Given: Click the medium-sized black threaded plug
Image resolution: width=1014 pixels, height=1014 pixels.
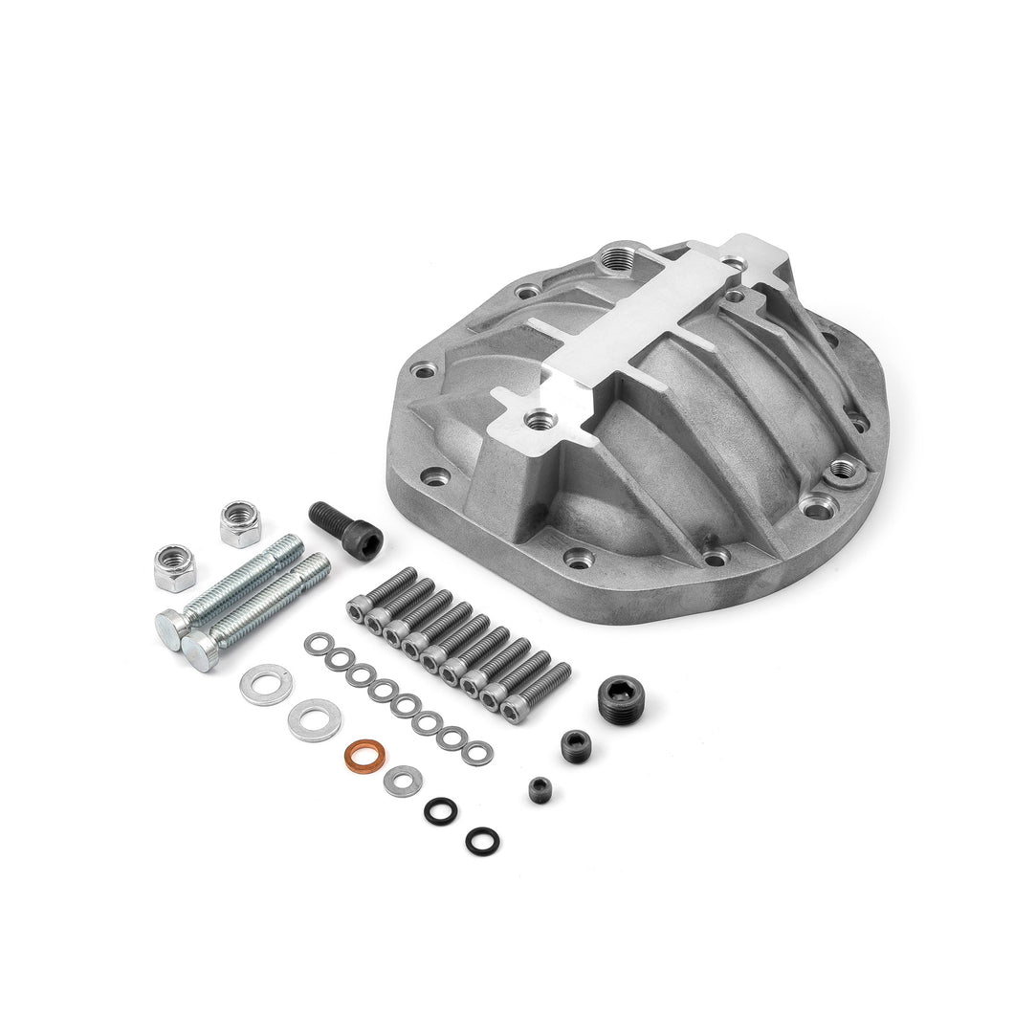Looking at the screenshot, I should point(576,741).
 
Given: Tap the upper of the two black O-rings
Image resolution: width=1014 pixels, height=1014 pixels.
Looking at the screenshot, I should point(441,808).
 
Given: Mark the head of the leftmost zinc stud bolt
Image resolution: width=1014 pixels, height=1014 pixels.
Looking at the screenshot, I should point(171,628).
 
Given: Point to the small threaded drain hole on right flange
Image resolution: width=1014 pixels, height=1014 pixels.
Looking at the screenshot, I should point(843,468).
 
